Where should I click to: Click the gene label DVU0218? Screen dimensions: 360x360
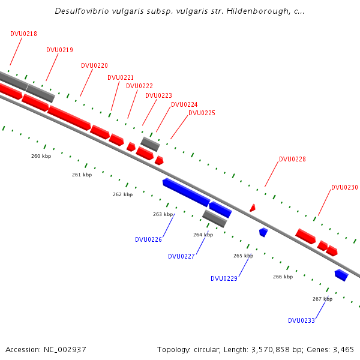pos(23,34)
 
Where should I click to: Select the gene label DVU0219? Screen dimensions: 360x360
pos(59,50)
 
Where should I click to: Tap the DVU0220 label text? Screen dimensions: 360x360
pos(94,65)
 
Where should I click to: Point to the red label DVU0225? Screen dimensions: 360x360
pos(202,113)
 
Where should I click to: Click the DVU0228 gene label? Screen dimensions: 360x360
pos(292,159)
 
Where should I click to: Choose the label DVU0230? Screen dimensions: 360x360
pos(344,187)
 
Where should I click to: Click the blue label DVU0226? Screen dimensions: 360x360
pos(148,239)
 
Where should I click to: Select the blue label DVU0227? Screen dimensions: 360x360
pos(181,256)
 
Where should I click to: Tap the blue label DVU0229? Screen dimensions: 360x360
pos(224,278)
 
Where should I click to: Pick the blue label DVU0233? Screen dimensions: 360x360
pos(301,320)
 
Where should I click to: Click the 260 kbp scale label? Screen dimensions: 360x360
pos(41,156)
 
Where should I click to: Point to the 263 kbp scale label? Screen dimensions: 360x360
pos(163,214)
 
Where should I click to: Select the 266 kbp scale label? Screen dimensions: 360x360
pos(283,277)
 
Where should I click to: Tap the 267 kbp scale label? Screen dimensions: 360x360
pos(322,299)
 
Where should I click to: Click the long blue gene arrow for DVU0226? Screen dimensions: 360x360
pos(186,191)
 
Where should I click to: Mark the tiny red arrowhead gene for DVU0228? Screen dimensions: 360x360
pos(253,208)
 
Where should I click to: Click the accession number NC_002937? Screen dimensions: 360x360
pos(65,349)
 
